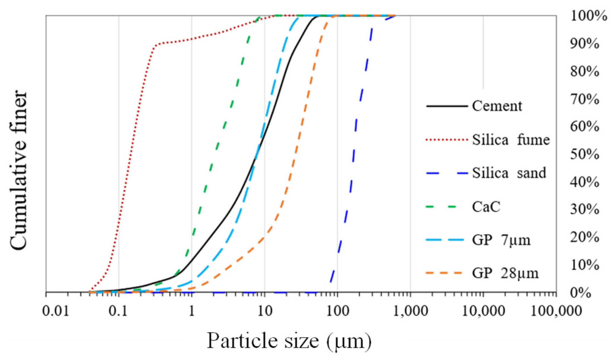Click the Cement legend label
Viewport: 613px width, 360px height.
click(x=497, y=106)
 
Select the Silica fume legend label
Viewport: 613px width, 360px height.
click(x=511, y=139)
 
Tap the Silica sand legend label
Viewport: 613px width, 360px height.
click(x=509, y=173)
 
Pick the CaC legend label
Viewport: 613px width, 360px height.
click(x=486, y=207)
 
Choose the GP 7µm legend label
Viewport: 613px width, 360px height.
click(x=501, y=240)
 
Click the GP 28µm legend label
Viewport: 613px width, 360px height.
click(x=505, y=273)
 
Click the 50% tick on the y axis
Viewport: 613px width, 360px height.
click(x=585, y=155)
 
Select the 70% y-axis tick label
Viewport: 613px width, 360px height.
click(x=585, y=99)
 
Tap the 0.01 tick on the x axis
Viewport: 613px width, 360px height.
click(x=56, y=311)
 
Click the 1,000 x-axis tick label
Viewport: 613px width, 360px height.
click(x=411, y=311)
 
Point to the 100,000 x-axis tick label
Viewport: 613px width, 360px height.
click(x=556, y=311)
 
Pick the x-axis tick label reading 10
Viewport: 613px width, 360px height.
click(x=264, y=311)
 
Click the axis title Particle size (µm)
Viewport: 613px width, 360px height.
click(x=289, y=341)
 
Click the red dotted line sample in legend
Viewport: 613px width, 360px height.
click(x=447, y=139)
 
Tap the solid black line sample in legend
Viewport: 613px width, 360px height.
click(x=447, y=106)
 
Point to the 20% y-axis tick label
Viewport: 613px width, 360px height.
click(x=585, y=238)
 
